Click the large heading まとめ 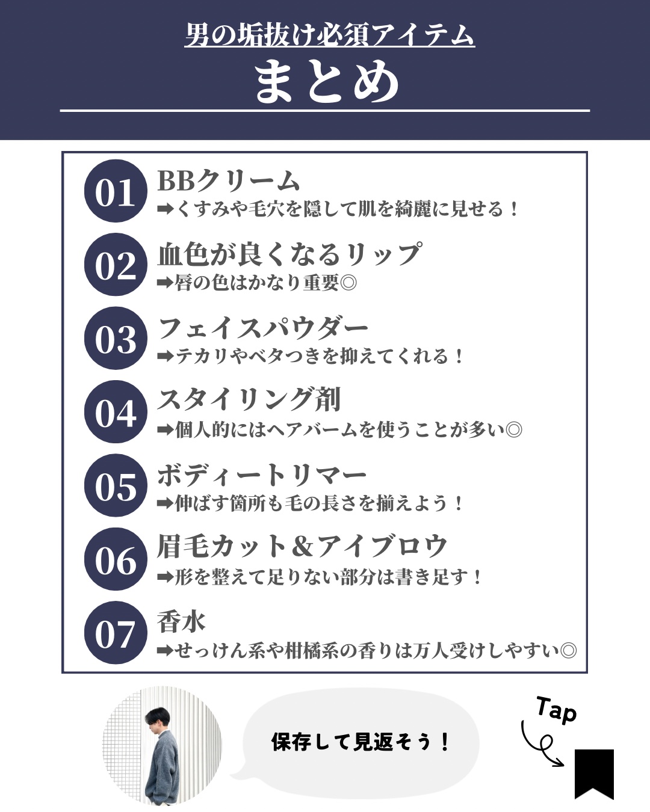[x=327, y=82]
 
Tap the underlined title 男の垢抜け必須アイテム [x=329, y=35]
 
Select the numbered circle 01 [x=116, y=191]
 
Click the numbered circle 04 [x=116, y=411]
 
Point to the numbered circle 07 [x=116, y=632]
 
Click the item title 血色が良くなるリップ [x=289, y=254]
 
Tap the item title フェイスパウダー [x=263, y=328]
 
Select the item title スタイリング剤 [x=249, y=399]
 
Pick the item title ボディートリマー [x=262, y=475]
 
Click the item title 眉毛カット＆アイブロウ [x=302, y=546]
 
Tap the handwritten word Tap [x=557, y=710]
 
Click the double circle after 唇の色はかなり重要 [x=348, y=283]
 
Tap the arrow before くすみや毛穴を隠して [x=166, y=209]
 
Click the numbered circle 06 [x=116, y=559]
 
